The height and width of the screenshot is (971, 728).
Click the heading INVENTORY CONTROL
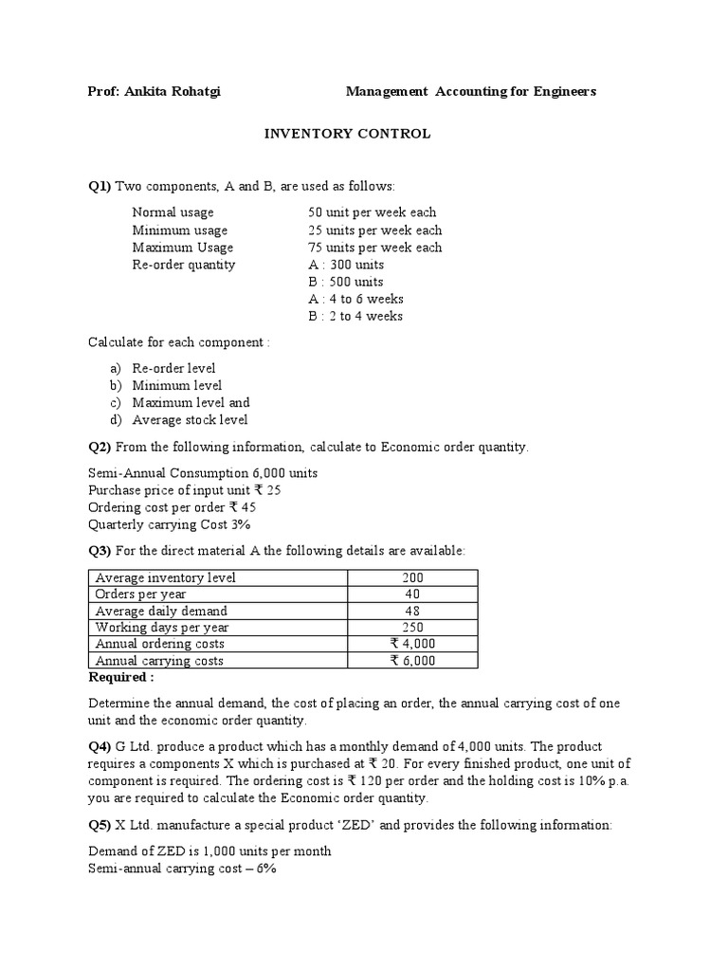coord(347,134)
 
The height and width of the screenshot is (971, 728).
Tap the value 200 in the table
coord(412,577)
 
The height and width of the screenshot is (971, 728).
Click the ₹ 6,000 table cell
coord(412,661)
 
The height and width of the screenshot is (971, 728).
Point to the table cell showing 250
coord(412,628)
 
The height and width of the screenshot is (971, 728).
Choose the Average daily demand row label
coord(161,612)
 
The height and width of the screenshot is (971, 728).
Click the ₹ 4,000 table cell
coord(412,645)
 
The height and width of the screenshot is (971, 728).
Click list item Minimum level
coord(177,385)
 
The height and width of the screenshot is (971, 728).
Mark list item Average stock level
coord(190,419)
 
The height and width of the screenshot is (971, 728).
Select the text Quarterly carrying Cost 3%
coord(169,523)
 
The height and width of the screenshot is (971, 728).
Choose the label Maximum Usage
coord(180,247)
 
